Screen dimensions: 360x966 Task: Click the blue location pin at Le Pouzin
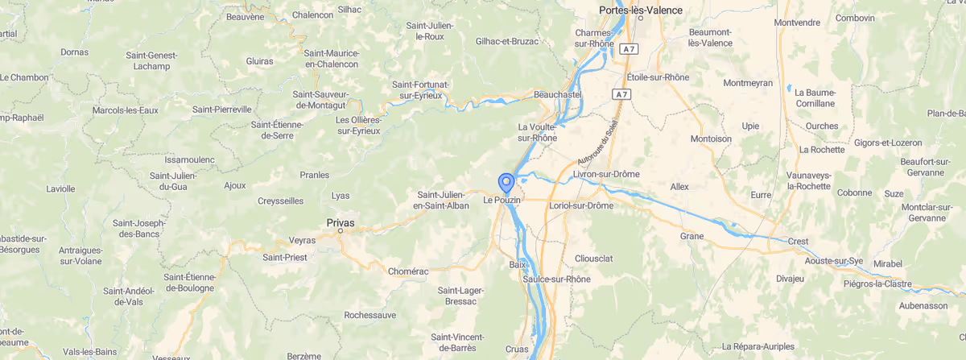click(506, 183)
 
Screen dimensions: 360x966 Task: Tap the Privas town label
click(341, 222)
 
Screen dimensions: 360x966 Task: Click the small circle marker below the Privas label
click(341, 231)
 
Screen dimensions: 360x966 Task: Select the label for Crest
click(798, 241)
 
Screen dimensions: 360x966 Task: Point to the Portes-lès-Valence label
click(641, 10)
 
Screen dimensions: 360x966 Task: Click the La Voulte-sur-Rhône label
click(538, 132)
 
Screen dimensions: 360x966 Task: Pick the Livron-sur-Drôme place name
click(606, 174)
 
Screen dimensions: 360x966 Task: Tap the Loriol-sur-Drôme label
click(580, 205)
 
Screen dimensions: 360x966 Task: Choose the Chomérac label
click(410, 271)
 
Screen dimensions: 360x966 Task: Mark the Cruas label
click(517, 349)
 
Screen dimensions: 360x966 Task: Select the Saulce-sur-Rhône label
click(556, 279)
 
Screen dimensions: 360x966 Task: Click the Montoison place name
click(711, 139)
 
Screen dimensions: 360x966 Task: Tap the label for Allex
click(679, 186)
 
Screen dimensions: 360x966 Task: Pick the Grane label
click(691, 236)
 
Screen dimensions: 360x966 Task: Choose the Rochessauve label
click(369, 315)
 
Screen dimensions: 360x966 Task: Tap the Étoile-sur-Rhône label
click(658, 77)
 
